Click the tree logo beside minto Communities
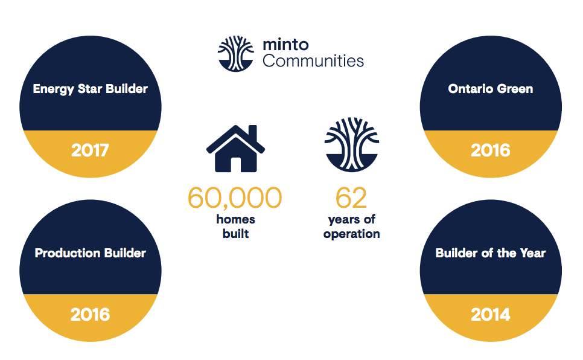(x=236, y=54)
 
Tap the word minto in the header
(x=285, y=45)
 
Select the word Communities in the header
(x=313, y=61)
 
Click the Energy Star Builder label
(x=91, y=89)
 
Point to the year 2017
(x=90, y=150)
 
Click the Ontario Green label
(x=491, y=89)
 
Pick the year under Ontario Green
(x=491, y=150)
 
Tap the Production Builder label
(x=91, y=253)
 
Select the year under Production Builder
(x=91, y=315)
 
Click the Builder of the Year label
(x=491, y=253)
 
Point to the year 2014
(x=491, y=315)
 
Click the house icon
(x=235, y=148)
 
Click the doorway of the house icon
(x=236, y=164)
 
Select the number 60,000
(x=235, y=198)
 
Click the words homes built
(x=236, y=227)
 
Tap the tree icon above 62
(x=352, y=144)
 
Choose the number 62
(x=351, y=198)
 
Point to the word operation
(x=352, y=234)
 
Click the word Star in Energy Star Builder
(x=89, y=89)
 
